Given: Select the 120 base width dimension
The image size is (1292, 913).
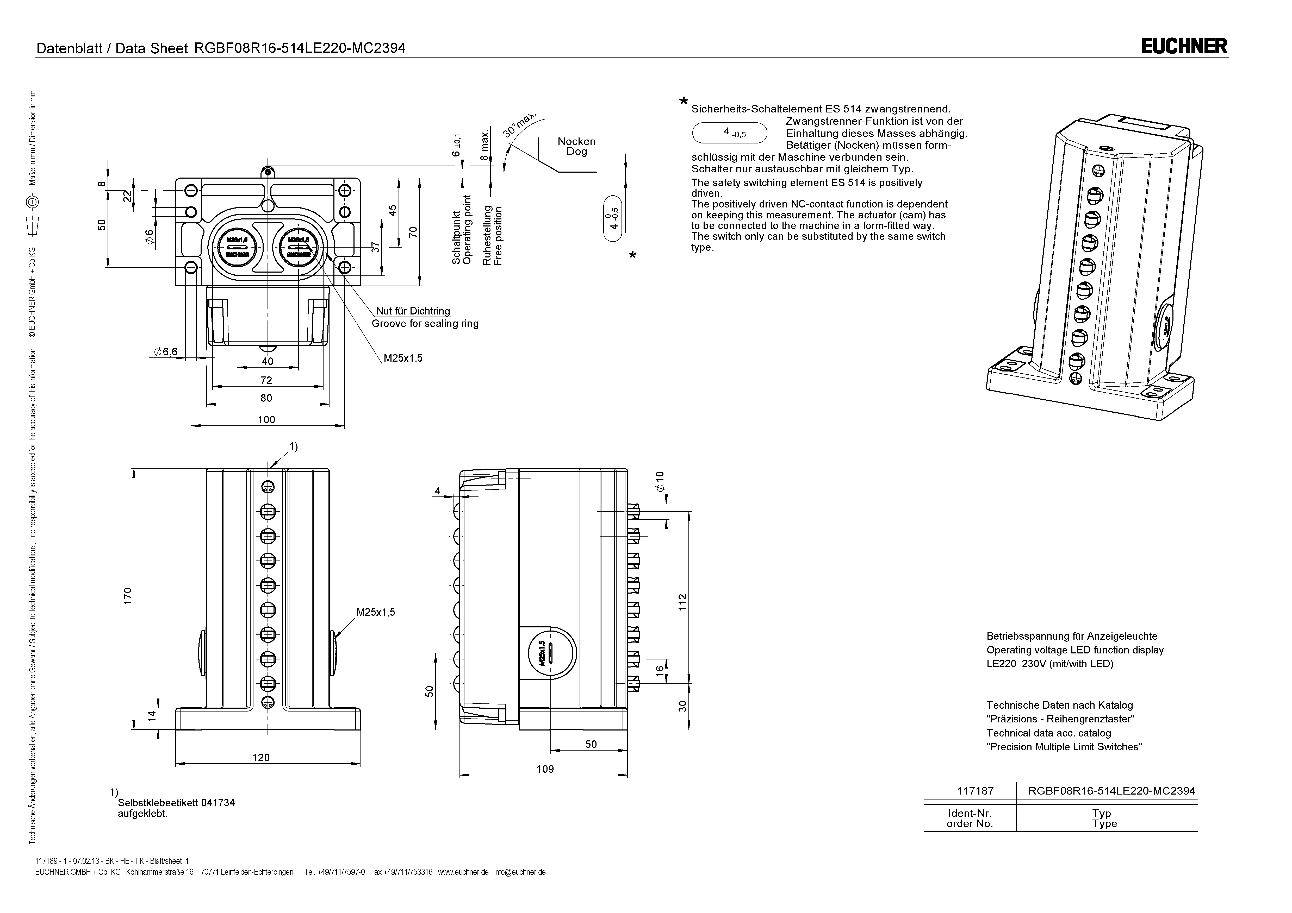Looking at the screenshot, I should click(x=261, y=757).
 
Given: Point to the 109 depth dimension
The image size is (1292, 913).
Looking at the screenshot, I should click(x=545, y=769).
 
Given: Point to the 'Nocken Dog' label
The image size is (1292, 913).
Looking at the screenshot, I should click(x=576, y=146).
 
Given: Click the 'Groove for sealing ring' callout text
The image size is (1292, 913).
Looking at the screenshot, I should click(x=425, y=323).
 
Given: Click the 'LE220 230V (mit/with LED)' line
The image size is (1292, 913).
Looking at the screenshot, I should click(x=1049, y=664).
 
